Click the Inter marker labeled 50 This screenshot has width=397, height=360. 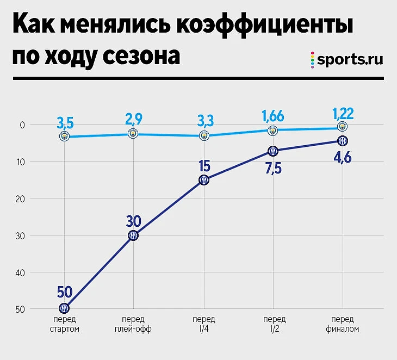point(64,308)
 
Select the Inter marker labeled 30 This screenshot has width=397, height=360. point(133,235)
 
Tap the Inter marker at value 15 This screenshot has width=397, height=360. point(203,180)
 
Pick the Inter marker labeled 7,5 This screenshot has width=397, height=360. point(273,151)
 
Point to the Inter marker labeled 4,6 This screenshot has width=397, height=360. point(343,140)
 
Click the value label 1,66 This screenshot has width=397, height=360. point(273,115)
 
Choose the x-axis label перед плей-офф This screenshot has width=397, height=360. point(133,324)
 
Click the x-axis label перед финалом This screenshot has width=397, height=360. point(343,324)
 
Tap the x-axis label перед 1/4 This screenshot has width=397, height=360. point(203,324)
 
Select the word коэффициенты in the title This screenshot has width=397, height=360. point(263,26)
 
